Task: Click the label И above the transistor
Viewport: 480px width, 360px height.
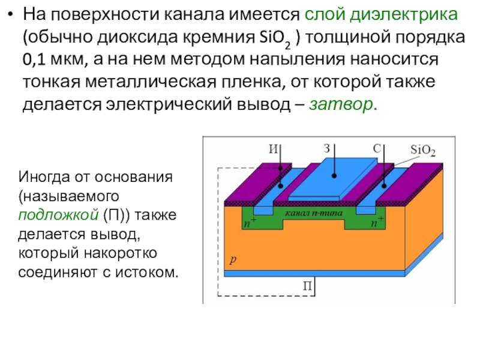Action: click(274, 149)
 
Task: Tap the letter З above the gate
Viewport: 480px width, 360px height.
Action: click(327, 148)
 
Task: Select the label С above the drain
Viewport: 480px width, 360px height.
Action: click(377, 149)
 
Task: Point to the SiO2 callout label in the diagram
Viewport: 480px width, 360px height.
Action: click(423, 151)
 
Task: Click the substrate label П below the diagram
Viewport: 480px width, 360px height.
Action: click(307, 286)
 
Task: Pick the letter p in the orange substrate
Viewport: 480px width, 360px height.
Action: click(233, 260)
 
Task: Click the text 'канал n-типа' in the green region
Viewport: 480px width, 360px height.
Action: click(314, 213)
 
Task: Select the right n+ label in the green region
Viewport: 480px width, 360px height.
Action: click(377, 222)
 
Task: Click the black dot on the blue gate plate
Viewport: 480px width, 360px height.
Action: click(334, 176)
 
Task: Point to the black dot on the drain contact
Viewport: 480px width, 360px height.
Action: click(384, 186)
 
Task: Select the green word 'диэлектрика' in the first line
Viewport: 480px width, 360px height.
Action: click(403, 14)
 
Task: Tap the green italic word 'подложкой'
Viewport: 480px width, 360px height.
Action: click(58, 215)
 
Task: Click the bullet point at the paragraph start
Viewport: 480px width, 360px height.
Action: click(11, 14)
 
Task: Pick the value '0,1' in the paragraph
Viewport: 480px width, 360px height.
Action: click(34, 59)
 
